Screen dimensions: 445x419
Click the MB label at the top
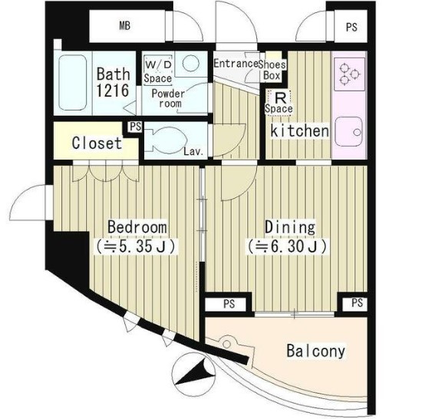coord(124,26)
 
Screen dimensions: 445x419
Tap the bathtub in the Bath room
coord(73,83)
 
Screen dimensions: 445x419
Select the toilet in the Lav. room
coord(166,140)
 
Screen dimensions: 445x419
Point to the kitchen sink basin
coord(349,132)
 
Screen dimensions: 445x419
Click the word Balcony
coord(316,351)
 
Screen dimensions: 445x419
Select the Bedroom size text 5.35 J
coord(136,246)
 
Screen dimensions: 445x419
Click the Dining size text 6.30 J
coord(288,246)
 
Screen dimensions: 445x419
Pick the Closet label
coord(97,143)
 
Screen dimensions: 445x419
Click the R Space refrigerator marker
coord(279,103)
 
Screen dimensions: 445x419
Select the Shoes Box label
coord(272,70)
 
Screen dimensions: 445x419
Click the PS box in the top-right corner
coord(351,27)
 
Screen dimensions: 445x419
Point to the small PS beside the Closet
coord(135,127)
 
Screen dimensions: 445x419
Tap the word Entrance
coord(236,63)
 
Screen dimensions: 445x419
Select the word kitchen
coord(300,131)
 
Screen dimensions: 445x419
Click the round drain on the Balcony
coord(227,344)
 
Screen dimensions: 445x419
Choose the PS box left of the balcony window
coord(229,304)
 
